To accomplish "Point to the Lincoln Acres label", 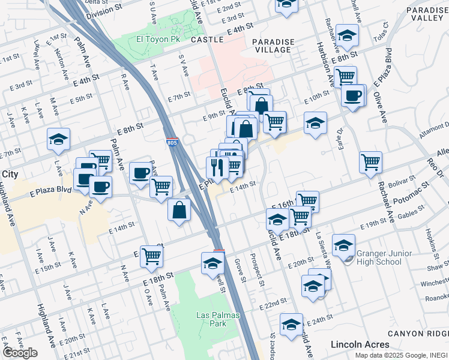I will pyautogui.click(x=360, y=344).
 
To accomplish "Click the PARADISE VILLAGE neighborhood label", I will pyautogui.click(x=273, y=45).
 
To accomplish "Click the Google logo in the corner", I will pyautogui.click(x=20, y=353).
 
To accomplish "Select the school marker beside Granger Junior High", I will pyautogui.click(x=344, y=244).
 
